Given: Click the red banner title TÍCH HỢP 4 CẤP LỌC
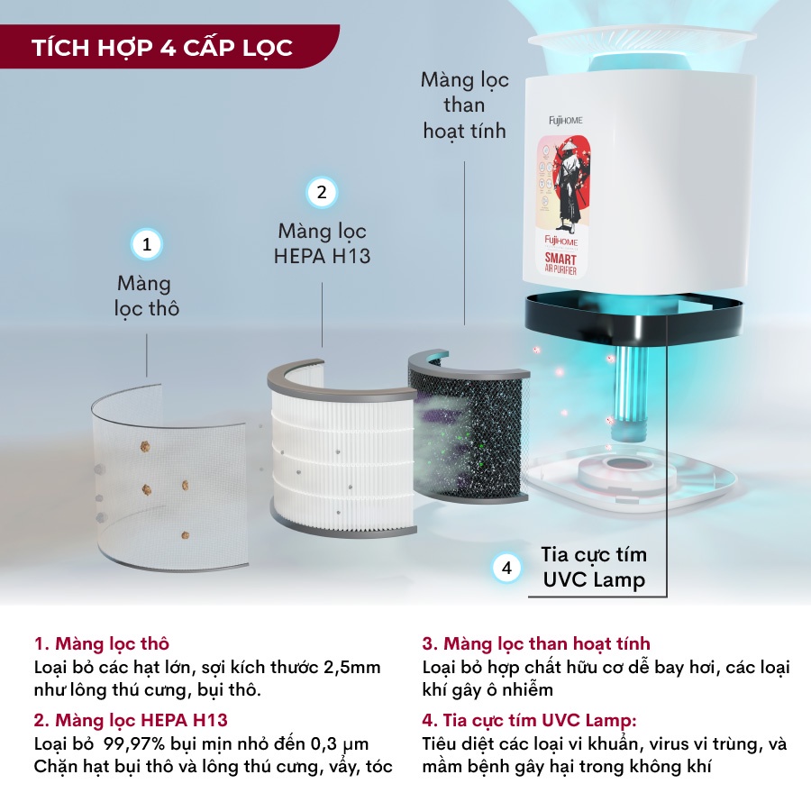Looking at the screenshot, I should (x=162, y=47).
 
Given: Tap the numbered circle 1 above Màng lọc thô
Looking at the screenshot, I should (x=147, y=244).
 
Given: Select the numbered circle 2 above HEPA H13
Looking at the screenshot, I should (x=322, y=192).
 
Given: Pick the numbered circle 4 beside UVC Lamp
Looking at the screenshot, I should (x=507, y=568).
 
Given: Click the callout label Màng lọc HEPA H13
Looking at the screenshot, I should (x=322, y=243).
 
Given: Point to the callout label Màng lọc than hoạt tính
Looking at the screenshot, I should (x=464, y=105).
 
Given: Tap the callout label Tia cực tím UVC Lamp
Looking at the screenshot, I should (x=594, y=567).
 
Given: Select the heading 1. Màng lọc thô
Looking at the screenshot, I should (x=102, y=644).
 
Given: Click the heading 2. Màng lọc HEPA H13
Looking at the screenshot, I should (x=132, y=720).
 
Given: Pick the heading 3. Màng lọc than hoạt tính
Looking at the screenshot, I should (x=536, y=644).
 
